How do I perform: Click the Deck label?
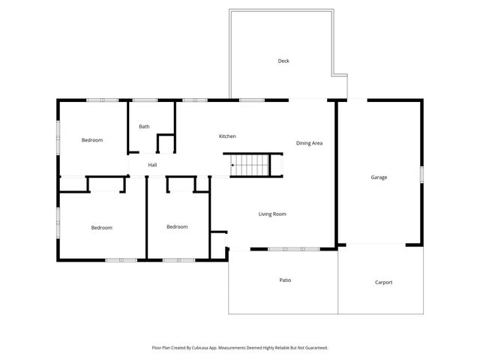283,61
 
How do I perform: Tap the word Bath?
144,126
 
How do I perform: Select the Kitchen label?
227,136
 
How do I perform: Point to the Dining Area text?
309,142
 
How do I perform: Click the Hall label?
152,164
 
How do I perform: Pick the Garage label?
379,177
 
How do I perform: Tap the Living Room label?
272,214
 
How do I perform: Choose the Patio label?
285,280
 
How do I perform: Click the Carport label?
383,282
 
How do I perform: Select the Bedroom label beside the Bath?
92,140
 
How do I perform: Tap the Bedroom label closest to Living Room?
177,226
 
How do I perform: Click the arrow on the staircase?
234,164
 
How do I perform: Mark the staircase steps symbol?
255,164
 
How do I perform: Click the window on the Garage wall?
422,174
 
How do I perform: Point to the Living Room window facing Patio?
284,249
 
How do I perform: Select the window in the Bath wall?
145,100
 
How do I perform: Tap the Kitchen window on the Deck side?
250,100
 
